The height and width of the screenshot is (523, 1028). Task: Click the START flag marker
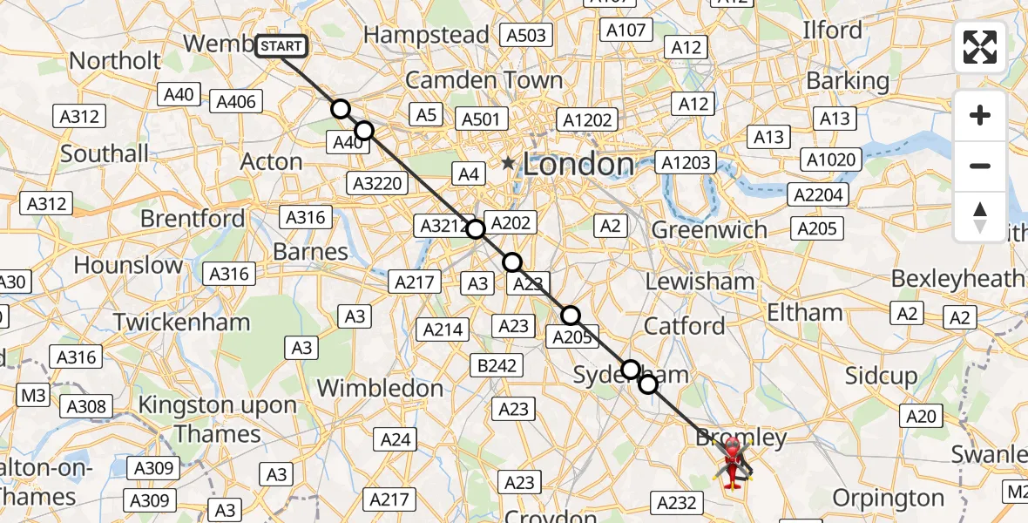coord(281,45)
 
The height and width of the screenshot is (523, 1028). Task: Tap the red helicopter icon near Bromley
coord(732,461)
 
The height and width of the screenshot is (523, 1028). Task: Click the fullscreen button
coord(980,47)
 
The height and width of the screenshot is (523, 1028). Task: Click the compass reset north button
coord(980,217)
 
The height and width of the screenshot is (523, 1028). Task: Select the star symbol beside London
coord(508,163)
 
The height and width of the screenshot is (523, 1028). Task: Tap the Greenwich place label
coord(709,230)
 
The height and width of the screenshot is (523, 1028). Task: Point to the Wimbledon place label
coord(380,388)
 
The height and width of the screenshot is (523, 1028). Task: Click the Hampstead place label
coord(426,35)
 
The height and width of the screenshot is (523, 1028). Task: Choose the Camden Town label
coord(484,80)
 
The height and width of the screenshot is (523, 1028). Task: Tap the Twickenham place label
coord(181,322)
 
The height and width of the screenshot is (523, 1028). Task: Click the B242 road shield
coord(497,365)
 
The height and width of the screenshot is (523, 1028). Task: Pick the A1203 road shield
coord(687,162)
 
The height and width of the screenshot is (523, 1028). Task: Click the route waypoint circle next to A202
coord(476,229)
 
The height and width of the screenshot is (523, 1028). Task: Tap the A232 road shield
coord(676,501)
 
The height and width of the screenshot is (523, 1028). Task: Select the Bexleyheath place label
coord(957,279)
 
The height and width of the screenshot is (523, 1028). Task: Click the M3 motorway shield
coord(33,396)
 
